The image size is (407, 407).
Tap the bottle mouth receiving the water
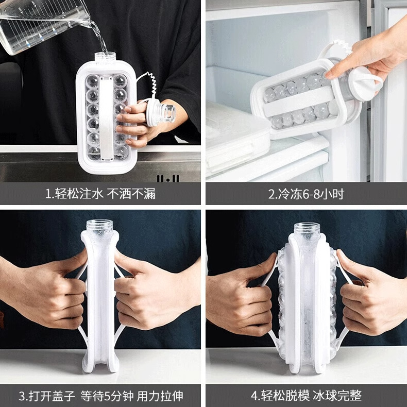pos(105,58)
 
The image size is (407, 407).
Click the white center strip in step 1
pos(106,117)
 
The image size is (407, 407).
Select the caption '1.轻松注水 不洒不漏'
pos(100,194)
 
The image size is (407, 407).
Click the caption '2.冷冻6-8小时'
pos(306,194)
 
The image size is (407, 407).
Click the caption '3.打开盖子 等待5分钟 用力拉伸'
pos(100,396)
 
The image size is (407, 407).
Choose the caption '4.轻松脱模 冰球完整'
pos(307,396)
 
